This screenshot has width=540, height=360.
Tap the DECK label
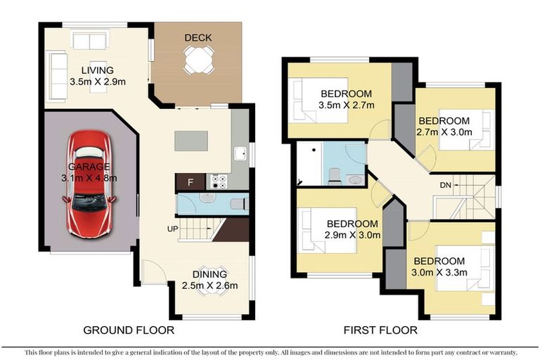(198, 37)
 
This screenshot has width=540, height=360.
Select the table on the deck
(198, 60)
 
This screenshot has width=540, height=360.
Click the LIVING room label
(97, 70)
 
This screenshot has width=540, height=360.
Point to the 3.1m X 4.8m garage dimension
(89, 178)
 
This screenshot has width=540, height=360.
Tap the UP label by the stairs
(172, 230)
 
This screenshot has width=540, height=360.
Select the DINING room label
(210, 274)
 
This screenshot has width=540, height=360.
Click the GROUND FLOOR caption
(129, 330)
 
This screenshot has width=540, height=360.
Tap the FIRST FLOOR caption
(380, 330)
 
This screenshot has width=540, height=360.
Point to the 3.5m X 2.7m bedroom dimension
(347, 105)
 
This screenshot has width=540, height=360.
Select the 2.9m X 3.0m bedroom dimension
(353, 235)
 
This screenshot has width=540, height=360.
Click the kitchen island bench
(192, 141)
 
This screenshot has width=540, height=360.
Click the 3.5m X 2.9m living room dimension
(97, 82)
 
